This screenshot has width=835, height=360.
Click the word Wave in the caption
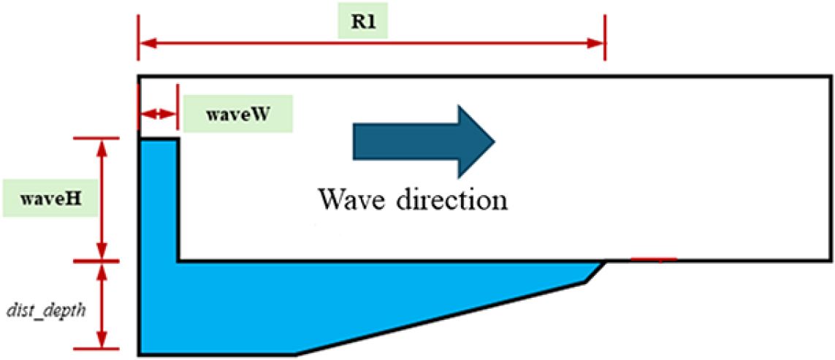pyautogui.click(x=347, y=199)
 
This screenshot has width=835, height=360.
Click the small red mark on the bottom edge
pyautogui.click(x=654, y=258)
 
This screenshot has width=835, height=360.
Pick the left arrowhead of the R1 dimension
pyautogui.click(x=145, y=43)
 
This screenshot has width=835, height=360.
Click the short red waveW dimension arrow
pyautogui.click(x=158, y=114)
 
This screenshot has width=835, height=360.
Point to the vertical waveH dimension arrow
pyautogui.click(x=102, y=199)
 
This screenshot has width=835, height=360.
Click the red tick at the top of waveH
pyautogui.click(x=102, y=137)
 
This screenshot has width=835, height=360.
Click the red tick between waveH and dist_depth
pyautogui.click(x=102, y=261)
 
